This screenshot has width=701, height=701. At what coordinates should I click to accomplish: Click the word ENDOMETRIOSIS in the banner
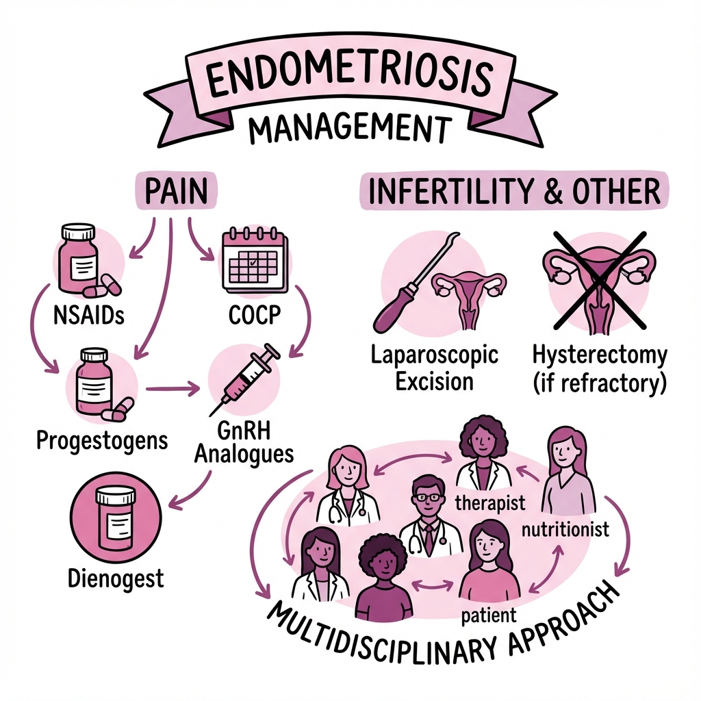[350, 77]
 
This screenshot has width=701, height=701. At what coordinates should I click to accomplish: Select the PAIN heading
[176, 192]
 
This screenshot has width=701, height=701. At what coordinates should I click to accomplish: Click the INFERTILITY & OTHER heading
[515, 191]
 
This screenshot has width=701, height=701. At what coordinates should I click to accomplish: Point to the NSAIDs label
[88, 315]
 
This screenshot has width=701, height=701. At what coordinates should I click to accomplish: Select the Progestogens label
[102, 441]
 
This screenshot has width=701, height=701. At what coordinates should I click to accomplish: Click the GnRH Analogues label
[244, 443]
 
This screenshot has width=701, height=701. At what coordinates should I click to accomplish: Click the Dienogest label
[116, 579]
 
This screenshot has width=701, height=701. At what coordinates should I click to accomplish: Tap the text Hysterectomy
[600, 356]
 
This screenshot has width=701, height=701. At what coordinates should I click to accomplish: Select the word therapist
[490, 503]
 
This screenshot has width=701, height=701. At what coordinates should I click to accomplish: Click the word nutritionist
[565, 529]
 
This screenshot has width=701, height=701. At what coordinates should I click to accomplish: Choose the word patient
[489, 615]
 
